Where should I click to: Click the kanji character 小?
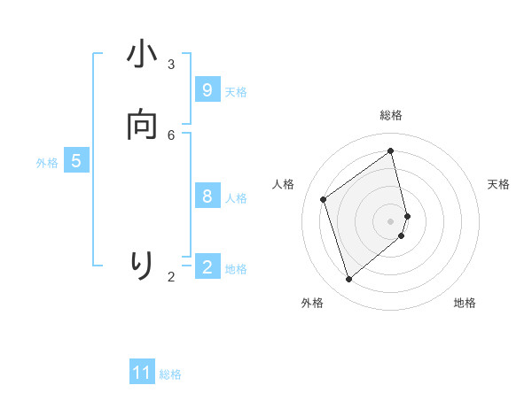(142, 56)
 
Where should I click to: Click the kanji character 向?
(142, 127)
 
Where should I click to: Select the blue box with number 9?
(207, 90)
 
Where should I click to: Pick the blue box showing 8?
(207, 196)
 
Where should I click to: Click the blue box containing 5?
(76, 161)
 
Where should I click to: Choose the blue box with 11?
(142, 373)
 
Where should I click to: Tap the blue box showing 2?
(207, 266)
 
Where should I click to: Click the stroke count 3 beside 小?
(171, 65)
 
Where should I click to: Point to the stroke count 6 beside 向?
(171, 135)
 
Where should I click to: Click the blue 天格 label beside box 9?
(236, 92)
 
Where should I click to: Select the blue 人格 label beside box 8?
(236, 198)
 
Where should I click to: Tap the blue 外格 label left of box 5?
(47, 163)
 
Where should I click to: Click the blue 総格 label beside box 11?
(170, 374)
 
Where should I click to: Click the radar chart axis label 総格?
(391, 115)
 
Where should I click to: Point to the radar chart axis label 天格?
(498, 184)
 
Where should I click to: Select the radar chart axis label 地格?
(465, 303)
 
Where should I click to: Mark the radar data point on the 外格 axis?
(348, 280)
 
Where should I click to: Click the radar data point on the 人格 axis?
(324, 199)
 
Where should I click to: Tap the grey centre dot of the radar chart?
(391, 220)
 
